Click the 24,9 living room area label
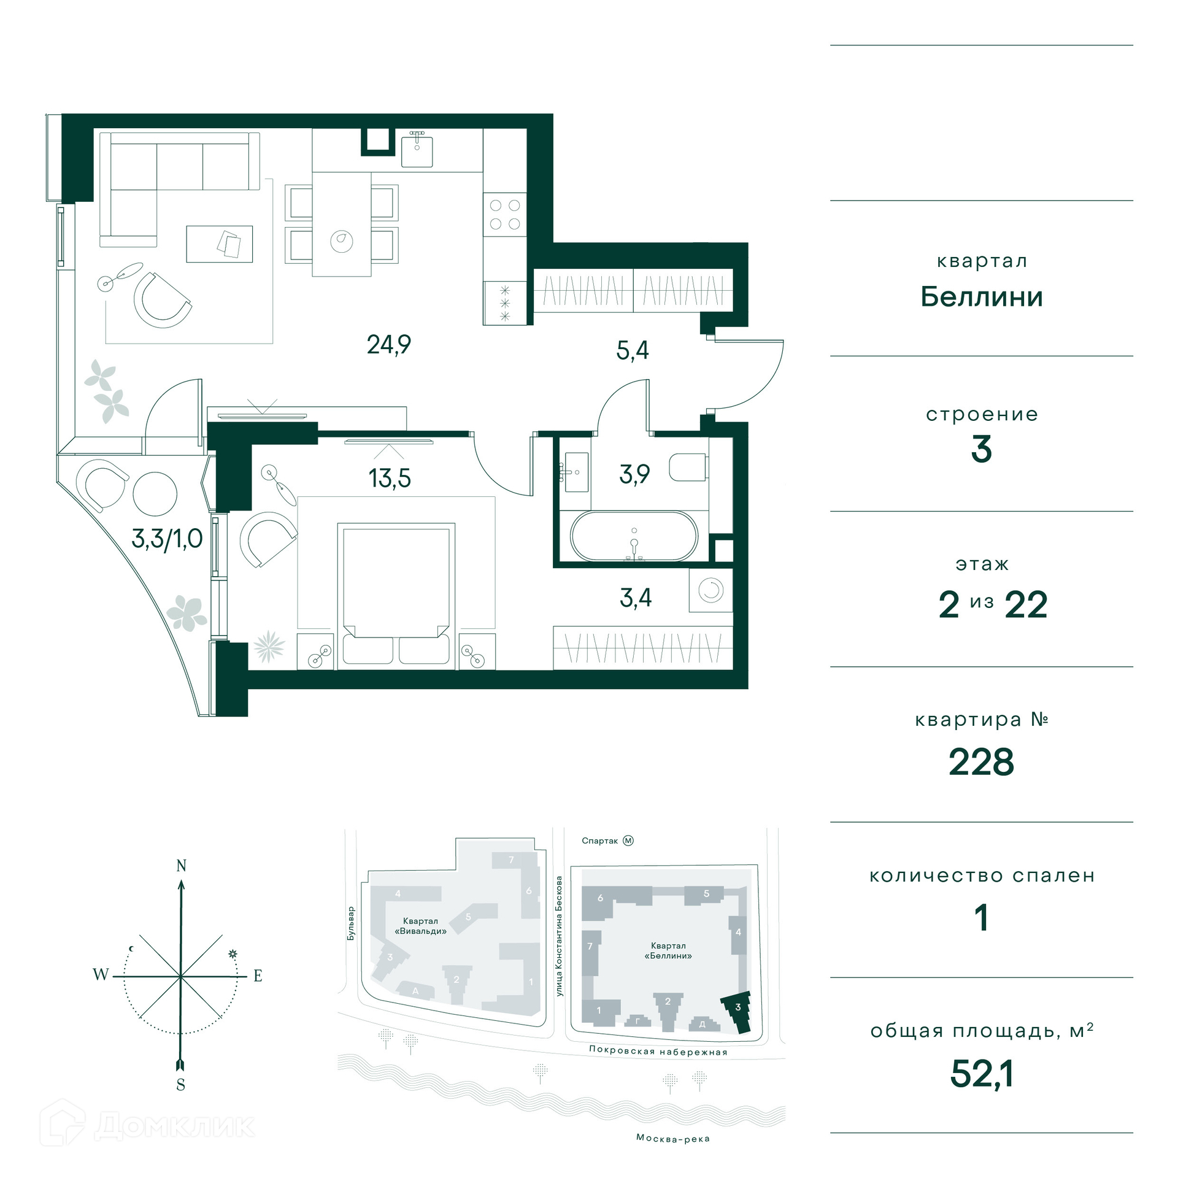tap(389, 345)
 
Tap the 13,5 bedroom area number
tap(390, 478)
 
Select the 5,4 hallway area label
tap(633, 350)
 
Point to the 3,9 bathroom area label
tap(634, 474)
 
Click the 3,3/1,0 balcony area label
tap(167, 539)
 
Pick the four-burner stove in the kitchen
tap(505, 215)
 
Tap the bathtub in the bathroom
tap(634, 536)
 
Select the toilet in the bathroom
tap(688, 468)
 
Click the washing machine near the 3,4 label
tap(710, 590)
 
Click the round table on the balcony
tap(155, 494)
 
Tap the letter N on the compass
tap(181, 866)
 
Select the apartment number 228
tap(981, 762)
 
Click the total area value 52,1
tap(982, 1074)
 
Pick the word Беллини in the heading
tap(982, 297)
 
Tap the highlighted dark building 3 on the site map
tap(737, 1012)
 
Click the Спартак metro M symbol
tap(628, 841)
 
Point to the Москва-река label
tap(673, 1139)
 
